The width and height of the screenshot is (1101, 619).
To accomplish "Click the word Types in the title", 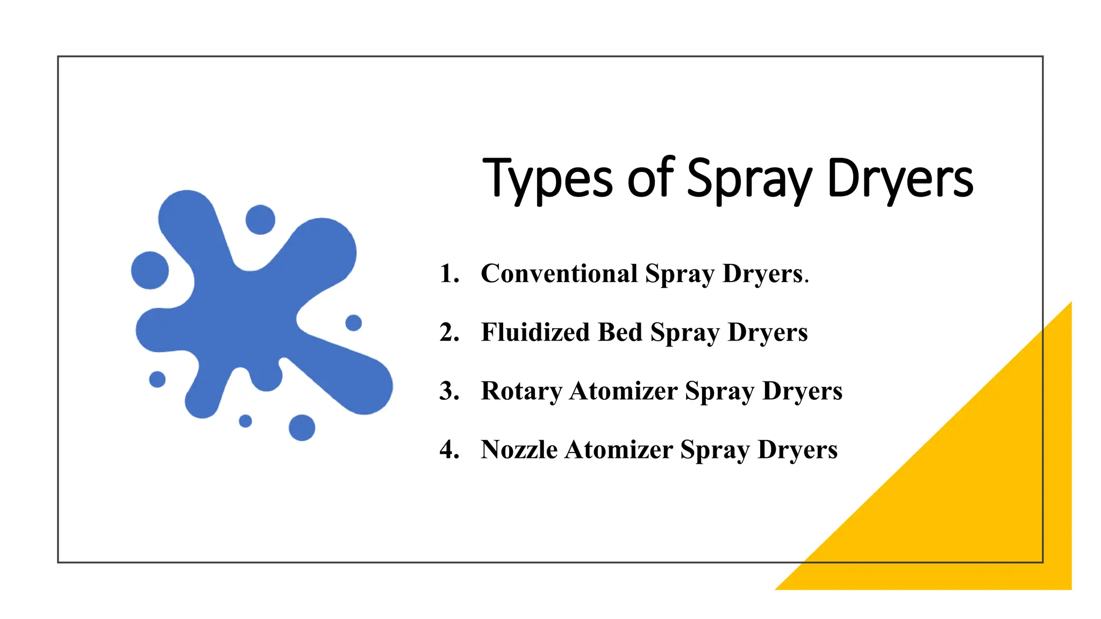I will [x=547, y=178].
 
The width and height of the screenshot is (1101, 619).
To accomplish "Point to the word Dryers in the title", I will [x=900, y=178].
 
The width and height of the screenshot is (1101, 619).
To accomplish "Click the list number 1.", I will [x=449, y=273].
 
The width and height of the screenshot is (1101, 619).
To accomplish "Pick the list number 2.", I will [x=449, y=332].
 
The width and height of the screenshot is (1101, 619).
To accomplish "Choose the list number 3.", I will [x=449, y=391].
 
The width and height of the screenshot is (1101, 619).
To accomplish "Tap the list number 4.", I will [x=449, y=449].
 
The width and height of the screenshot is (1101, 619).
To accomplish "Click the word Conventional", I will [x=559, y=273].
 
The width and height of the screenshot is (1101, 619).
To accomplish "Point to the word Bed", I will [x=620, y=332].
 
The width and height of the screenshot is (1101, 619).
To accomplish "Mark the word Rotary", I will [x=521, y=391].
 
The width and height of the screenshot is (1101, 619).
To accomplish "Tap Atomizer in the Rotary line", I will [x=624, y=391].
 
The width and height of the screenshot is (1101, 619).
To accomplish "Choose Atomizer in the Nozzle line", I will [x=619, y=449].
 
